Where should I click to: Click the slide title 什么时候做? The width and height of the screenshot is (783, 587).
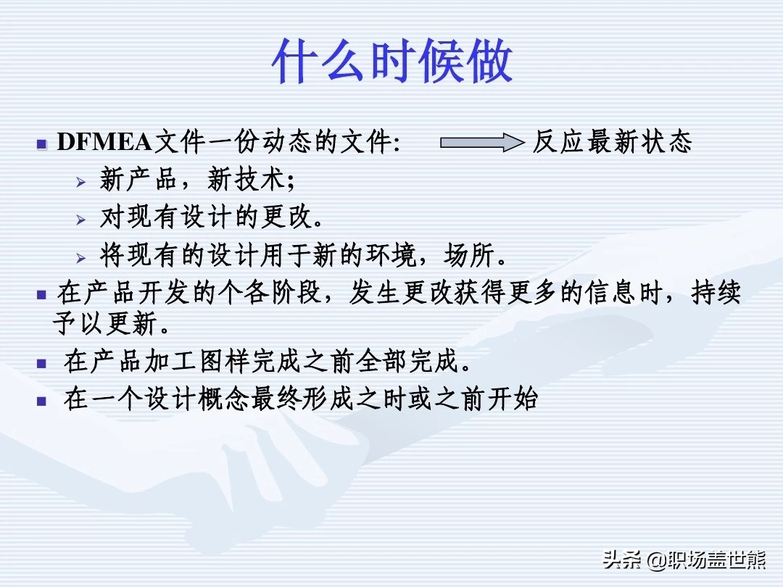pyautogui.click(x=392, y=62)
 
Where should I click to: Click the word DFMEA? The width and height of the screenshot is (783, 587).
pyautogui.click(x=104, y=142)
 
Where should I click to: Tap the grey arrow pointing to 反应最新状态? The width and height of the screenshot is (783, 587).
pyautogui.click(x=482, y=143)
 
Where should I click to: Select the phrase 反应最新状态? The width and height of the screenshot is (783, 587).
pyautogui.click(x=612, y=142)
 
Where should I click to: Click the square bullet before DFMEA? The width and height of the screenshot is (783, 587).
pyautogui.click(x=42, y=145)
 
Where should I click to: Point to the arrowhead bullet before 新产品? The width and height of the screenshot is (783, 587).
pyautogui.click(x=81, y=182)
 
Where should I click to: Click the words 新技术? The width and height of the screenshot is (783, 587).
pyautogui.click(x=246, y=179)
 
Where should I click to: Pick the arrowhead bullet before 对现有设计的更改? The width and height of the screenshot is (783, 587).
pyautogui.click(x=81, y=219)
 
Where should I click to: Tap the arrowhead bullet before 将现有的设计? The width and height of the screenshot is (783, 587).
pyautogui.click(x=81, y=257)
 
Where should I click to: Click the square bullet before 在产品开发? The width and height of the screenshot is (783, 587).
pyautogui.click(x=42, y=295)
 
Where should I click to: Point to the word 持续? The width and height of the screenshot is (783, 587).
pyautogui.click(x=716, y=293)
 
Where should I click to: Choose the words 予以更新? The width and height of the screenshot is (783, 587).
pyautogui.click(x=105, y=323)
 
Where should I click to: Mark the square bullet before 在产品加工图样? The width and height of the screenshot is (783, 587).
pyautogui.click(x=42, y=363)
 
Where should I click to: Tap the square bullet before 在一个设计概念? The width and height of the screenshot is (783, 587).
pyautogui.click(x=42, y=401)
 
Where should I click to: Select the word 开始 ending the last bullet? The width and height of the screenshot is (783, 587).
pyautogui.click(x=513, y=399)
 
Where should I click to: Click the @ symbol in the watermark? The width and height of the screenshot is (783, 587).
pyautogui.click(x=656, y=560)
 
